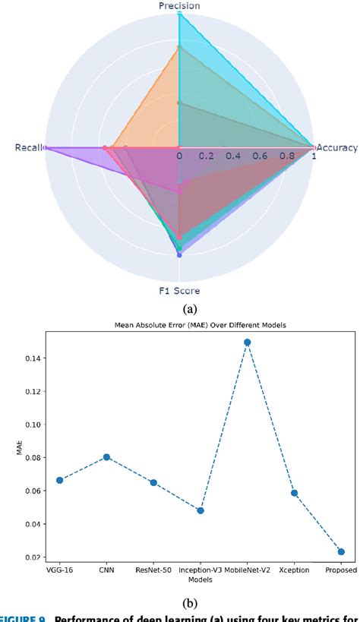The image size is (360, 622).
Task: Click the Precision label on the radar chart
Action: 179,6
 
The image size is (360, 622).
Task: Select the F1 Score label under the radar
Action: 179,289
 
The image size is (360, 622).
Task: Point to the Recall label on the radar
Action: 29,147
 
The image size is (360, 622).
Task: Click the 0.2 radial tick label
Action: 206,156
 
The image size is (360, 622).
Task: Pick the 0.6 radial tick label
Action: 260,156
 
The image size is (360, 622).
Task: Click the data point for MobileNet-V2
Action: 247,343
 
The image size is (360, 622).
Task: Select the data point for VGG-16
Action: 59,480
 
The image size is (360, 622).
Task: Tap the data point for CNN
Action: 106,457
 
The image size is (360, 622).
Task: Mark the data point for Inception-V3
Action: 201,510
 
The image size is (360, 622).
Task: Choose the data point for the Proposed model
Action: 341,551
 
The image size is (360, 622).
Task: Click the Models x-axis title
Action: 200,579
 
